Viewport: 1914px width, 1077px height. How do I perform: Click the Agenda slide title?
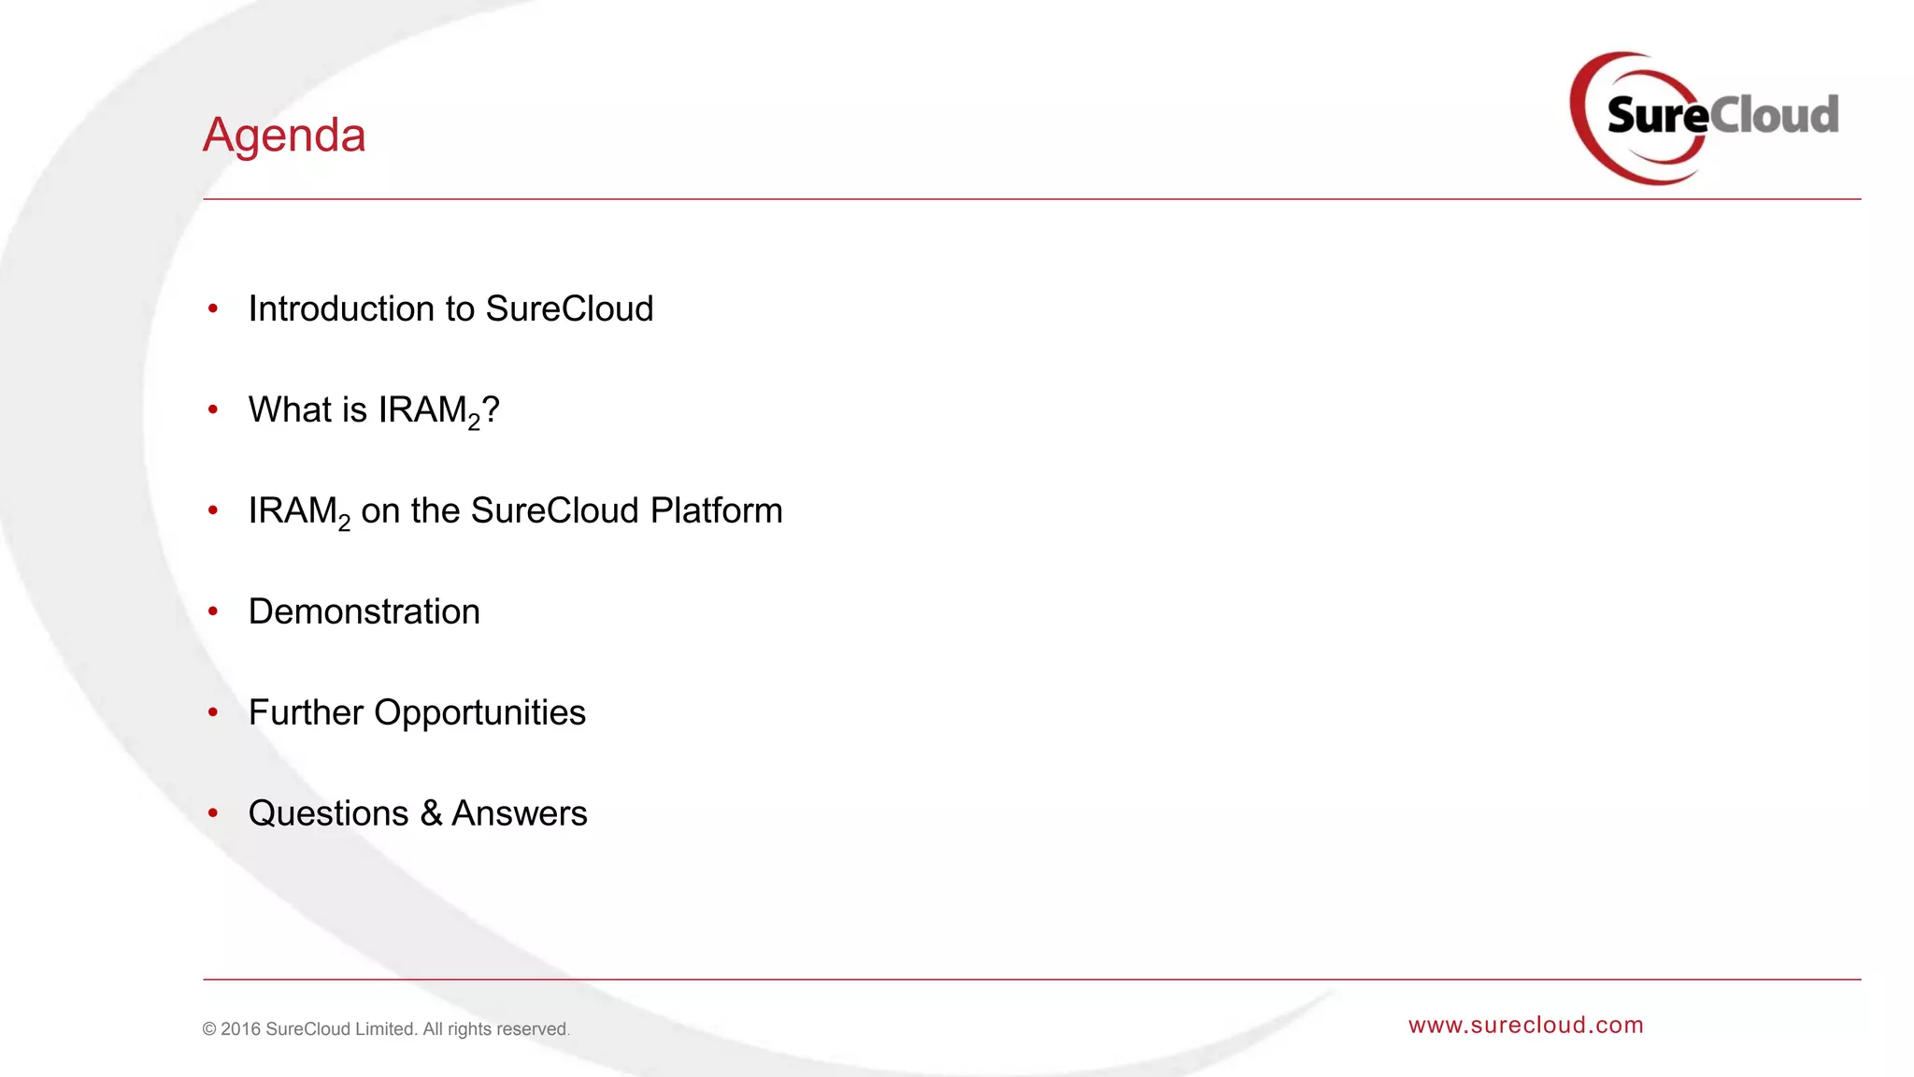tap(284, 136)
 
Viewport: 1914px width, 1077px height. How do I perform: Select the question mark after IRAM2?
tap(492, 409)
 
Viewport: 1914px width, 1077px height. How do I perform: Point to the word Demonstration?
tap(364, 611)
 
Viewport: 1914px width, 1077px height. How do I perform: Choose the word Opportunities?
tap(479, 712)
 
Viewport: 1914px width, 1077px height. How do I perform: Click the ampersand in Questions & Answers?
tap(431, 813)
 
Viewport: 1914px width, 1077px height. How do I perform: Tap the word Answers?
tap(520, 813)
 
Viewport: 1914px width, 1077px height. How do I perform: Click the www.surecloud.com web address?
tap(1525, 1025)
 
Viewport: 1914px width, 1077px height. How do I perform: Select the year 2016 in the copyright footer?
tap(240, 1029)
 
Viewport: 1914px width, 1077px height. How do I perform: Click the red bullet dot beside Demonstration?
tap(213, 611)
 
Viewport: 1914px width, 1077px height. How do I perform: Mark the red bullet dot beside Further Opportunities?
tap(213, 712)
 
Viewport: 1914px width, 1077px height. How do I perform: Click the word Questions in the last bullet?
tap(328, 813)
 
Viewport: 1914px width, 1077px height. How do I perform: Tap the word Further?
tap(306, 712)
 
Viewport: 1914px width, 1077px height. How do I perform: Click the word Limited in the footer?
tap(385, 1029)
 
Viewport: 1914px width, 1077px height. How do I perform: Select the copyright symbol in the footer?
tap(209, 1029)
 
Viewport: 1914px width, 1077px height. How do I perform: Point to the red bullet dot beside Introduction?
tap(213, 309)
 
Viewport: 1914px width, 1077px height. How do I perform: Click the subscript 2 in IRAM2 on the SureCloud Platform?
tap(344, 524)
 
